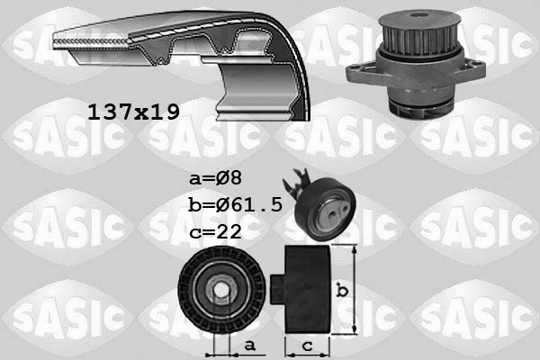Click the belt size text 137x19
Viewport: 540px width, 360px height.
[x=133, y=112]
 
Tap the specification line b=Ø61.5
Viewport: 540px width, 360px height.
[x=236, y=204]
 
